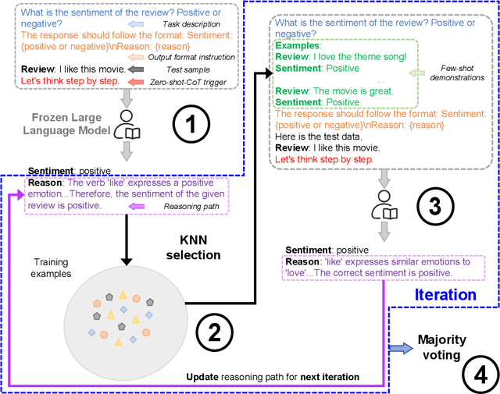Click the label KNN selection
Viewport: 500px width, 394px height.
click(198, 247)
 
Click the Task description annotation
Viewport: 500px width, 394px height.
click(198, 24)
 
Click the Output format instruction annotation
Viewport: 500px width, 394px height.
click(197, 58)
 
